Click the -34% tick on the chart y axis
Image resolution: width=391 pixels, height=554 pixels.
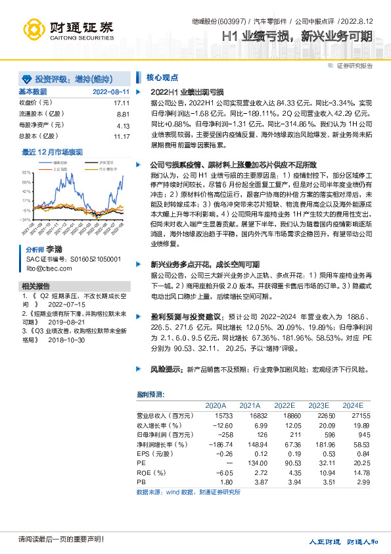click(x=26, y=219)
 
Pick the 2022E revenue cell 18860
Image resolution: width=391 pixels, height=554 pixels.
click(x=287, y=416)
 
